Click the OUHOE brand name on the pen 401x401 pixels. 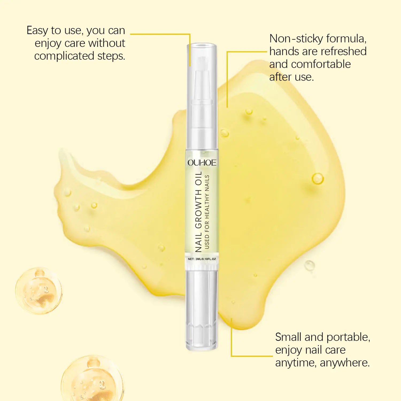202,163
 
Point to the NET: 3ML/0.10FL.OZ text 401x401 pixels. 202,259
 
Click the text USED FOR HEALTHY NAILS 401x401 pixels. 207,212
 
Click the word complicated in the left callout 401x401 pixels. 64,56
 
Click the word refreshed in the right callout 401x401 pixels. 344,51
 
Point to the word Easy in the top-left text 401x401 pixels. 37,31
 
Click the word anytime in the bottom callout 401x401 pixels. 296,363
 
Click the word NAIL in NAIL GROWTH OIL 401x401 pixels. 198,243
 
